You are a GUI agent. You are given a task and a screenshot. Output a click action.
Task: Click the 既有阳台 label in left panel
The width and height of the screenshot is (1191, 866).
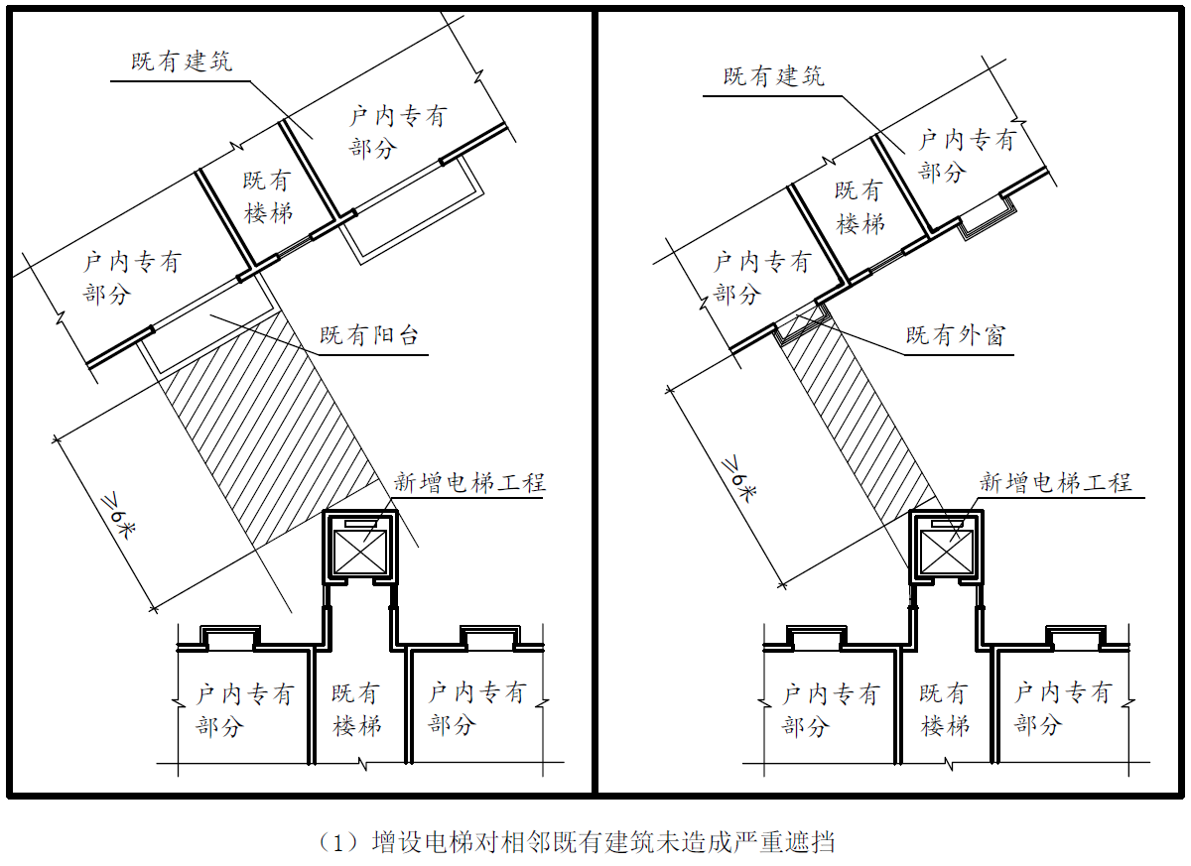click(369, 335)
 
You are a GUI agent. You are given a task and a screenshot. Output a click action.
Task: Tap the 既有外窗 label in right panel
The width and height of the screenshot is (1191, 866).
click(956, 335)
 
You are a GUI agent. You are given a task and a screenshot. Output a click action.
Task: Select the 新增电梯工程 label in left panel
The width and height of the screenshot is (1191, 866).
click(469, 482)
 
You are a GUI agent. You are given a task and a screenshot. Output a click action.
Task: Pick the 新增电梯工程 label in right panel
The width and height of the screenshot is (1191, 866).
click(1056, 482)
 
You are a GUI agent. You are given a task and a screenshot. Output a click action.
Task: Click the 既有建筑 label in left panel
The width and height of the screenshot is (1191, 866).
click(182, 62)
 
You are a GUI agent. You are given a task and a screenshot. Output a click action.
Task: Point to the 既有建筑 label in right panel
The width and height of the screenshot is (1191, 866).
click(773, 76)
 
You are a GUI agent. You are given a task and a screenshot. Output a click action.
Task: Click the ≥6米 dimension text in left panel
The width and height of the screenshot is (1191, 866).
click(118, 518)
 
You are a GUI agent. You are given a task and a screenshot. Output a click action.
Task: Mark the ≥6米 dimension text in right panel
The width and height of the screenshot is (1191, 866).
click(738, 478)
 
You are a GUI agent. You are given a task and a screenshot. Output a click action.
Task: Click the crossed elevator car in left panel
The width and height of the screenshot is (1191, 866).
click(360, 552)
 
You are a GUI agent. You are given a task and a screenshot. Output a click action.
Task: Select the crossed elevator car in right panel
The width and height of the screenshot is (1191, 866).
click(947, 552)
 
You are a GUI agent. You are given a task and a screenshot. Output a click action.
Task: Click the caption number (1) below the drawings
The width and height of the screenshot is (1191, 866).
click(337, 842)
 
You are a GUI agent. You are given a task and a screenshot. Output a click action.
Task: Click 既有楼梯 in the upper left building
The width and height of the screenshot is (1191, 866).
click(267, 197)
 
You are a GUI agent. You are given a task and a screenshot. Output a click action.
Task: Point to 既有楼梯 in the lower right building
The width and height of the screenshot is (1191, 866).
click(944, 710)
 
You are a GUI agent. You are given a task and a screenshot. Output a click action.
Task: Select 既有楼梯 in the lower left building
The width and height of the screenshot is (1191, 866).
click(356, 710)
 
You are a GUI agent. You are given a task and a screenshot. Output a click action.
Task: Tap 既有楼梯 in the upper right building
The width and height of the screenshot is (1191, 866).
click(860, 207)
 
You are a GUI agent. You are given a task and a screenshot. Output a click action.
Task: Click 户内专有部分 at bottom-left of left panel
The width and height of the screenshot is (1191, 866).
click(244, 710)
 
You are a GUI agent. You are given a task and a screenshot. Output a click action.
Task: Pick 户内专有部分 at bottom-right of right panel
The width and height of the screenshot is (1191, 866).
click(1063, 708)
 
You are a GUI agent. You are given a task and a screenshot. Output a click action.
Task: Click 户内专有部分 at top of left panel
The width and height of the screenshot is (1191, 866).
click(398, 132)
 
